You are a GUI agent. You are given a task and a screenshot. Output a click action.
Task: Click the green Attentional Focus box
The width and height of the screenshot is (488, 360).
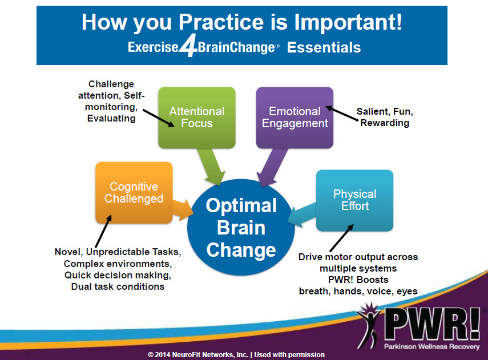pos(197,118)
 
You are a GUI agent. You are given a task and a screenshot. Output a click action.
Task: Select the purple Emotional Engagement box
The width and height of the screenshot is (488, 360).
pos(295,118)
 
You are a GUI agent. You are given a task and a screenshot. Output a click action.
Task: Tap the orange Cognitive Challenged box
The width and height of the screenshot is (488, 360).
pos(134,193)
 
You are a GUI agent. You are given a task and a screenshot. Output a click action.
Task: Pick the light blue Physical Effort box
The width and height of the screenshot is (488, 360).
pos(355,200)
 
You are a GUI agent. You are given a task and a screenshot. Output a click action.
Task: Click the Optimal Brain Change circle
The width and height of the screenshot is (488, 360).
pos(241,228)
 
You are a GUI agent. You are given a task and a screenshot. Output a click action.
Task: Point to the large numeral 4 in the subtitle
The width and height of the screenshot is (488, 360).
pos(188,46)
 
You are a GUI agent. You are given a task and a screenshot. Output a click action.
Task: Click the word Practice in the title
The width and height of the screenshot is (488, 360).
pos(221,22)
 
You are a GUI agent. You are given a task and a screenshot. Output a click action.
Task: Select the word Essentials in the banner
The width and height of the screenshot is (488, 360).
pos(324,47)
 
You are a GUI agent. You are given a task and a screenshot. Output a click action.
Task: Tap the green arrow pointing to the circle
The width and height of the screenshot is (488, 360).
pos(211,167)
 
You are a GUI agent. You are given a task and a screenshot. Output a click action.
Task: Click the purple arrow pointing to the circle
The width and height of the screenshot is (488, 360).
pos(272,167)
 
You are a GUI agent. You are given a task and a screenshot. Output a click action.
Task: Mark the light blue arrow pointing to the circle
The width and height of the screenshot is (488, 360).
pos(301,215)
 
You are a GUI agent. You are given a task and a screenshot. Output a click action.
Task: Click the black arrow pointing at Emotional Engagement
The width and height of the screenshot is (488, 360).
pos(342,114)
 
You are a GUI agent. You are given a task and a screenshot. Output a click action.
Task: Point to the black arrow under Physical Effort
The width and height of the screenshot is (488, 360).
pos(341,238)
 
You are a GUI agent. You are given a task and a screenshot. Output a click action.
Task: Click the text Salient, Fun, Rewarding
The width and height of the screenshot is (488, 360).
pos(385,117)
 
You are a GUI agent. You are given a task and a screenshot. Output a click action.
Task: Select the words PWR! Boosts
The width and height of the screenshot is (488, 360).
pos(358,280)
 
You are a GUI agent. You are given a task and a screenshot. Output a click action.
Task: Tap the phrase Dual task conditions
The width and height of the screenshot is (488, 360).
pos(118,286)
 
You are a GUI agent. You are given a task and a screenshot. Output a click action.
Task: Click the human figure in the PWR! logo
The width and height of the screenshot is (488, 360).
pos(369,325)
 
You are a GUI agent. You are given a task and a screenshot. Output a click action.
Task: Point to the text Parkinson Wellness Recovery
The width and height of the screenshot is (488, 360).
pos(431,347)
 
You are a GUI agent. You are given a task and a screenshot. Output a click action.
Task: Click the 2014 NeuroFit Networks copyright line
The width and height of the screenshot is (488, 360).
pos(236,355)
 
